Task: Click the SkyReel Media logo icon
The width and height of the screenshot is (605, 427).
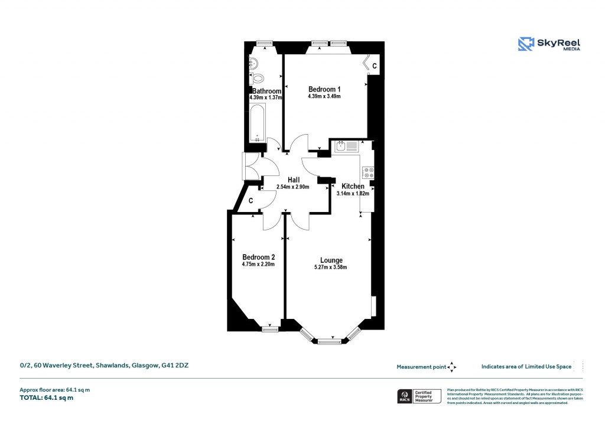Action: (x=526, y=44)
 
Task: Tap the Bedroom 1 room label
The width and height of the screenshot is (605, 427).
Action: (x=324, y=89)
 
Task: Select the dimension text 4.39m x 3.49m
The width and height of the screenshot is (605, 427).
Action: (x=324, y=96)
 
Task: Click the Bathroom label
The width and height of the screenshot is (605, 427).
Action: (x=266, y=91)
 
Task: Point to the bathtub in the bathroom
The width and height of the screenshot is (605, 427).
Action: (x=258, y=124)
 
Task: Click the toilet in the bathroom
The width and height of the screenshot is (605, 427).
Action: (x=258, y=77)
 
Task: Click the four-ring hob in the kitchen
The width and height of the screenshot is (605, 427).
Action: (x=369, y=172)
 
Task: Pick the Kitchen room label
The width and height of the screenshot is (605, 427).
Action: (x=353, y=186)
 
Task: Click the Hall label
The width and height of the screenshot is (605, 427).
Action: (x=294, y=180)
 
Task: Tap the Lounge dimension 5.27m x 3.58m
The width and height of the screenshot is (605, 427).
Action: (x=330, y=268)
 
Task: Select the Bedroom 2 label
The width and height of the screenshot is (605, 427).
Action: (x=258, y=257)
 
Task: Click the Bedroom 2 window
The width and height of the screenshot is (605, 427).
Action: (x=271, y=328)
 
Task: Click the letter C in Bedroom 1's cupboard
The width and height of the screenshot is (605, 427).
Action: (x=374, y=65)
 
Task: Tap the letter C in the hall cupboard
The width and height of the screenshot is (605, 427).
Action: (x=251, y=201)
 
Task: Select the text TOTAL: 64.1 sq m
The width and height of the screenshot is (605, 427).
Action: (x=47, y=397)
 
